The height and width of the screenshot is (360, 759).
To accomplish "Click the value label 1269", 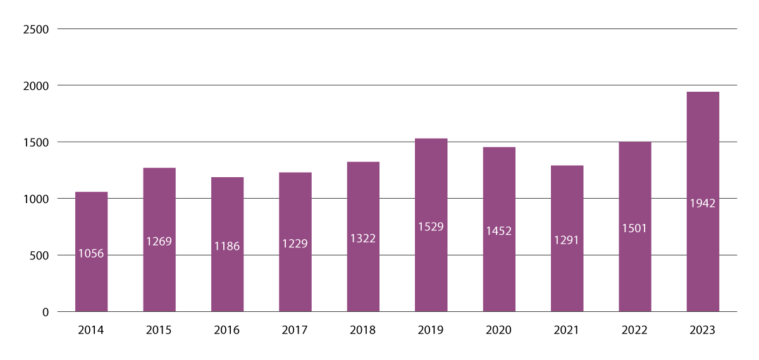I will click(x=159, y=241).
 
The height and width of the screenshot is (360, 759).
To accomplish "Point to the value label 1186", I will click(x=227, y=246).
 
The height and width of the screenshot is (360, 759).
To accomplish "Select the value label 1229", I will click(x=295, y=244).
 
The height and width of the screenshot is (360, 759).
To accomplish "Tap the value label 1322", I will click(x=363, y=238).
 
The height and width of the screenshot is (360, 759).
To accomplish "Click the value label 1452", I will click(x=499, y=231).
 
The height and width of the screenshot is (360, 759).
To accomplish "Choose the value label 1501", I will click(x=635, y=228).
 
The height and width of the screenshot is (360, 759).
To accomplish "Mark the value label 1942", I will click(x=703, y=203).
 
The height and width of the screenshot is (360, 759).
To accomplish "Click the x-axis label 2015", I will click(x=159, y=330).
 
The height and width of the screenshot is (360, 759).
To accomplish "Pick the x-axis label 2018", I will click(x=363, y=330).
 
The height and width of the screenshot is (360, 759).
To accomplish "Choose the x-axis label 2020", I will click(x=499, y=330).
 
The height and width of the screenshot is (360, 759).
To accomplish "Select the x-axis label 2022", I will click(x=635, y=330).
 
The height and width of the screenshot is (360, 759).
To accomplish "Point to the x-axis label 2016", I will click(x=227, y=330).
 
